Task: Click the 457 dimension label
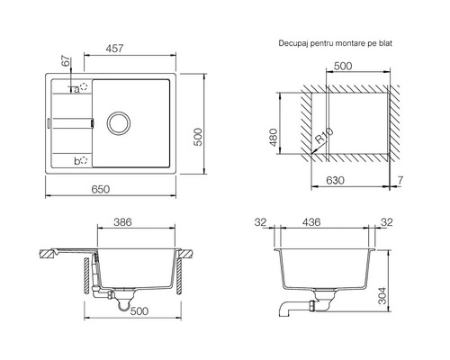[114, 49]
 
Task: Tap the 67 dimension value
[66, 61]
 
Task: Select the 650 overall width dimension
[101, 189]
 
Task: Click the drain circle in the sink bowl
[119, 123]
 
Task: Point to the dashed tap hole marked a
[84, 87]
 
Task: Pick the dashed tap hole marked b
[84, 160]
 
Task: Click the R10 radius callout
[324, 136]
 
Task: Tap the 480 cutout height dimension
[273, 138]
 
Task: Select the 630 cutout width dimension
[335, 181]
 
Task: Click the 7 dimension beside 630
[400, 181]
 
